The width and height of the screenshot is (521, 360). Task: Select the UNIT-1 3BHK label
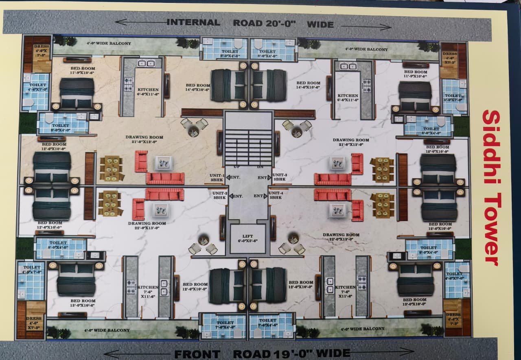point(217,177)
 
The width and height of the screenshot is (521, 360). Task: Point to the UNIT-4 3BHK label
point(276,195)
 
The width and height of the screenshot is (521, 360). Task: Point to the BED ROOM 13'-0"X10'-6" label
point(83,303)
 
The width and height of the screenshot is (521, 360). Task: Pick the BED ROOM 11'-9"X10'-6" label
point(83,71)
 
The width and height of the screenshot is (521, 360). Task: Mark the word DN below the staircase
point(260,167)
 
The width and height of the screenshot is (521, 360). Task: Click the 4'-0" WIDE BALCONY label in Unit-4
point(362,329)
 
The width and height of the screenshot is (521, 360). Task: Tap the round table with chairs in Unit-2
point(203,243)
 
